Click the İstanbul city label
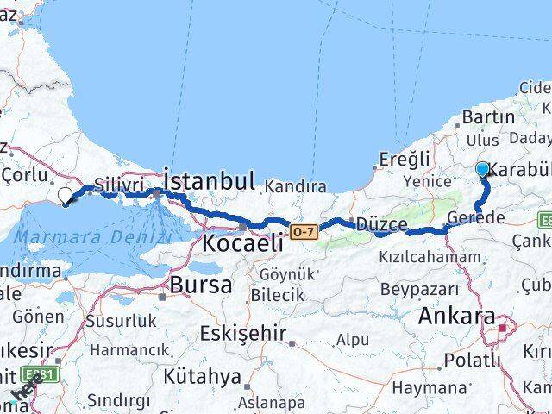[209, 181]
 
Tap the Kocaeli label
[242, 243]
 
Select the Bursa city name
[200, 285]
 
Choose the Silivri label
[117, 185]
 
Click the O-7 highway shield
[304, 231]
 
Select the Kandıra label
[296, 186]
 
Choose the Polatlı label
[472, 361]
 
